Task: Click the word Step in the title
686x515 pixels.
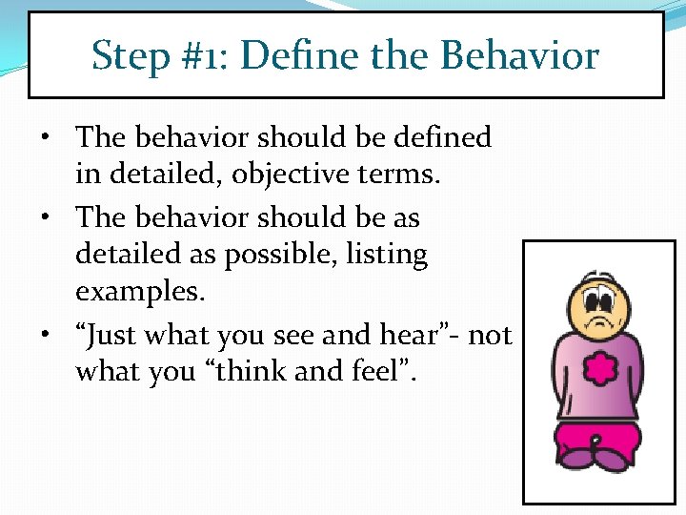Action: (131, 57)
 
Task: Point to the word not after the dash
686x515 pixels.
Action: (491, 335)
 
